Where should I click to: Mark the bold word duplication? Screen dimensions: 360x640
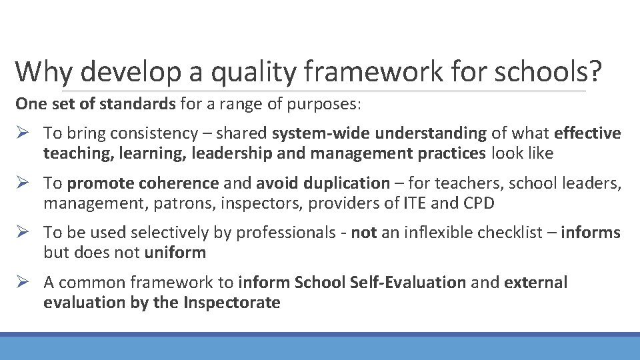[347, 183]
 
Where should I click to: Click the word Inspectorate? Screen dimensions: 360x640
[232, 303]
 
